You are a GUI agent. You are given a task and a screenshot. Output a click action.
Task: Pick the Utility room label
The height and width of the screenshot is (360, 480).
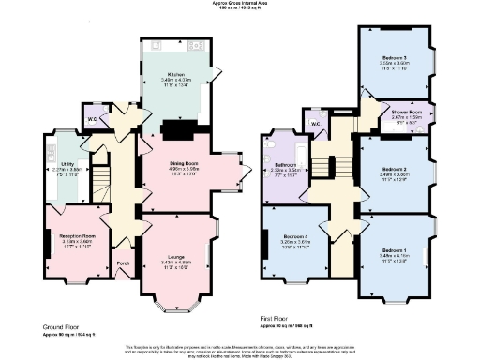pos(67,166)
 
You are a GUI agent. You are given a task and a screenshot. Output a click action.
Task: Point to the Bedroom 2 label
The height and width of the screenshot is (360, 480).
pos(396,170)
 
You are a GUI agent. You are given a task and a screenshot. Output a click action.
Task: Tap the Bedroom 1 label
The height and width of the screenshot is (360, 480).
pos(395,249)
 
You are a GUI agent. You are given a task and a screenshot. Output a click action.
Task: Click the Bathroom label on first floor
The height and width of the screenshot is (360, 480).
pos(286,165)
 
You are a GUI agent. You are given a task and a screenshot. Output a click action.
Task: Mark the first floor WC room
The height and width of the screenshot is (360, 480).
pos(316,124)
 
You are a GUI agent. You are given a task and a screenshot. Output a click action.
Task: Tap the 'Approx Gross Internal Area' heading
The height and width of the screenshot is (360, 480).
pos(241,4)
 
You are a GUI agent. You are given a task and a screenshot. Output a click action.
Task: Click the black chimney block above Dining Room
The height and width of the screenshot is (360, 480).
pos(175,129)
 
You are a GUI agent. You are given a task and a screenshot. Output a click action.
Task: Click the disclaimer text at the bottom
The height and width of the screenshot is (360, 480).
pos(240,351)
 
